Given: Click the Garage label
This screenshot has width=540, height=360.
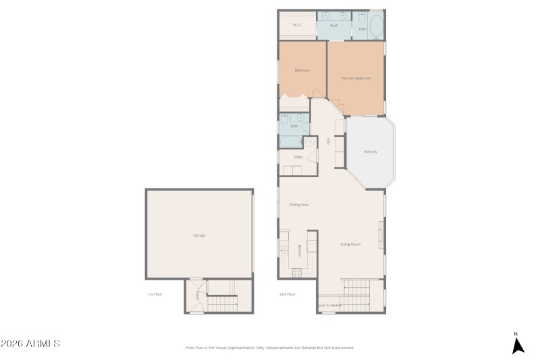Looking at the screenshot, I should (199, 235).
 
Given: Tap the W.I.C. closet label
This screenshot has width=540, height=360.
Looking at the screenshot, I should (297, 26).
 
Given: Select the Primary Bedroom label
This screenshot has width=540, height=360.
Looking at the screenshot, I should (356, 78).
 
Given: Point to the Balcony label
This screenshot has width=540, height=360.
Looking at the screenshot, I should (371, 151).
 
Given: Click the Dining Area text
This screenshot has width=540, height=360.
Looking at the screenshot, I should (298, 204).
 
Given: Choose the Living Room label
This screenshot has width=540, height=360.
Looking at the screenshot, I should (350, 244).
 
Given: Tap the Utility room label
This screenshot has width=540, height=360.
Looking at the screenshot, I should (298, 157).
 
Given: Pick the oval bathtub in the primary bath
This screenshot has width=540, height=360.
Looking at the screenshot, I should (376, 26).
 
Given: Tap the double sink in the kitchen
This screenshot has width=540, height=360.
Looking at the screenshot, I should (284, 251).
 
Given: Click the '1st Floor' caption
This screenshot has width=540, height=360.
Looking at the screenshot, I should (155, 294).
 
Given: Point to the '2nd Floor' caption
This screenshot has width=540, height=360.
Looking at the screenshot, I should (288, 294).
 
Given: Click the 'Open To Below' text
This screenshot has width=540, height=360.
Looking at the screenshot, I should (330, 306).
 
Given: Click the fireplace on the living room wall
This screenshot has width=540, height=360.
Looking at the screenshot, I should (382, 233).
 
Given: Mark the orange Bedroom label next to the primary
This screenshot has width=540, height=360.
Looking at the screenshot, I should (302, 70).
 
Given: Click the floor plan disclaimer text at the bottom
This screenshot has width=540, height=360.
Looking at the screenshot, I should (269, 348).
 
